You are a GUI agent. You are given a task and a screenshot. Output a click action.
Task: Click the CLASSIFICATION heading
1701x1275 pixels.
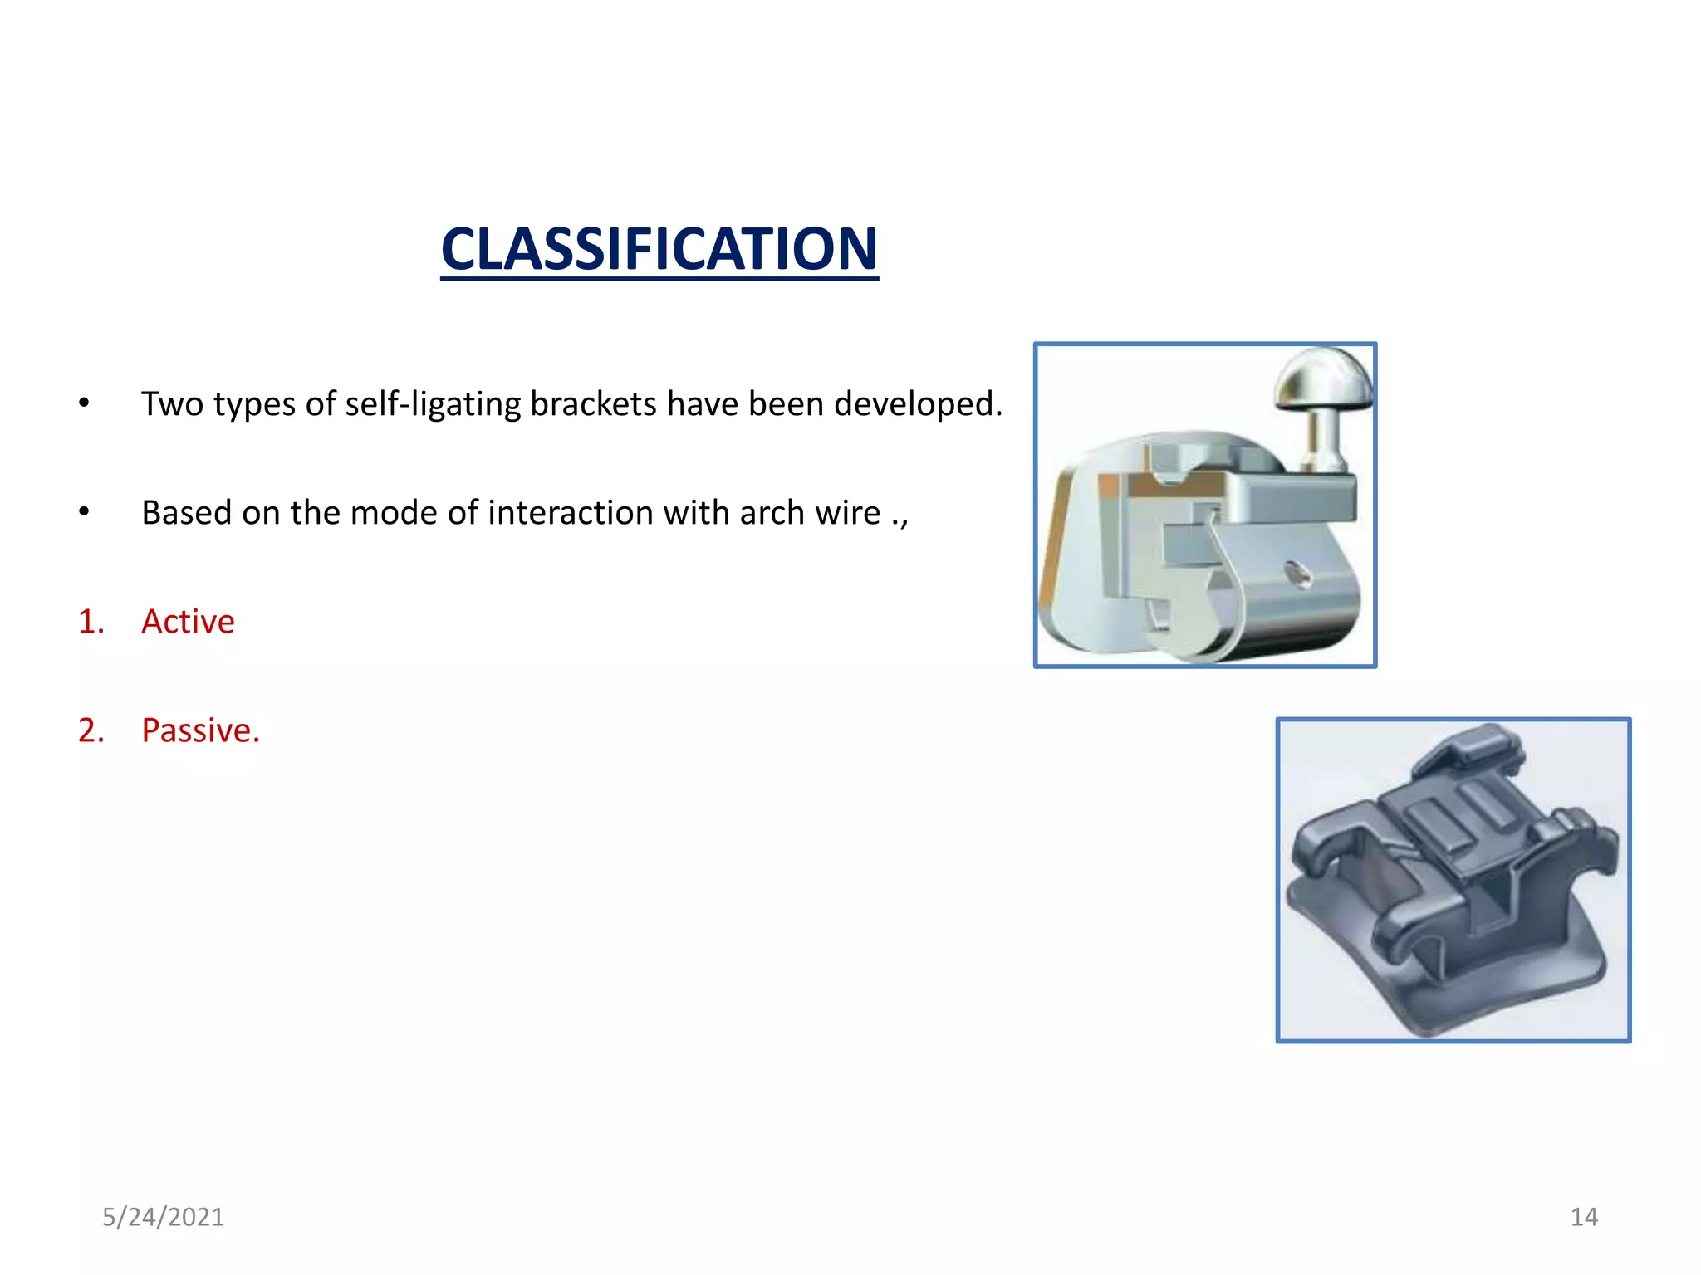pos(659,249)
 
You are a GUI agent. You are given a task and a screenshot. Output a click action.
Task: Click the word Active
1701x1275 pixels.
pos(188,622)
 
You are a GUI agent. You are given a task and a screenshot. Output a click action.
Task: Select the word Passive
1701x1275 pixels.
pos(200,730)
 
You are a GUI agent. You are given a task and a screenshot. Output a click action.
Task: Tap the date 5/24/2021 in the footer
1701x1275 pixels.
pos(163,1217)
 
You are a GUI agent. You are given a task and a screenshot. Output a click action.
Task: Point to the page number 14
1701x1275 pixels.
pos(1584,1217)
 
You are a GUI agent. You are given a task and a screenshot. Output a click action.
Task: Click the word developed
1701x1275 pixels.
pos(918,404)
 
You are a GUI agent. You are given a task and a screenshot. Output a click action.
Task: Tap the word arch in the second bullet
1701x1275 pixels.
pos(772,513)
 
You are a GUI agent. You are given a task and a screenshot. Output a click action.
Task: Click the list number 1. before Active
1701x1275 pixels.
pos(91,622)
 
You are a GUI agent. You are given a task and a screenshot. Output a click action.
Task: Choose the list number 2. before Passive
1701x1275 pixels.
pos(91,730)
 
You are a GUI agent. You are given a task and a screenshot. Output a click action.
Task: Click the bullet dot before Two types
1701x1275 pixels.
pos(84,403)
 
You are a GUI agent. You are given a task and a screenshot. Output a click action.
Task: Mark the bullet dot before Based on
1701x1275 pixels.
pos(84,512)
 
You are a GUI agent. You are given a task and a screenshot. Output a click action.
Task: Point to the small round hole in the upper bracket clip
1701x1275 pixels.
pos(1297,574)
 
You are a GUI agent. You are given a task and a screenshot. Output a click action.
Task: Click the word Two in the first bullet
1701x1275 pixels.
pos(172,404)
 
